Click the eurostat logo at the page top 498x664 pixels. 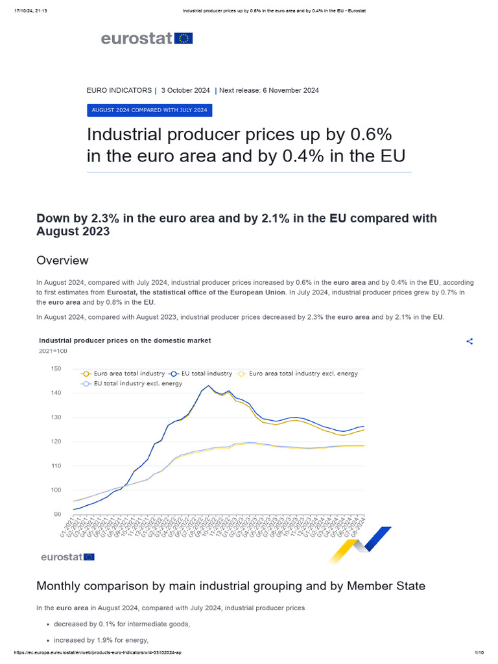tap(147, 39)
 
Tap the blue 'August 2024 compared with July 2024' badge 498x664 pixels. tap(149, 110)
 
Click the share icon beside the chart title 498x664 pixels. tap(469, 342)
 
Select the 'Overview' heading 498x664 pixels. tap(62, 261)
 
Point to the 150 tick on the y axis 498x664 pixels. tap(56, 369)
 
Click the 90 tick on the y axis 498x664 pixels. tap(57, 515)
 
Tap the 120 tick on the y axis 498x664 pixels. tap(56, 442)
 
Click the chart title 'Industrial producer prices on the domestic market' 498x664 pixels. tap(125, 340)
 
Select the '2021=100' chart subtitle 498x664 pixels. tap(53, 351)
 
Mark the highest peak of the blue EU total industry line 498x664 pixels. tap(208, 386)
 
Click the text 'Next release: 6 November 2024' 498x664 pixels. tap(269, 90)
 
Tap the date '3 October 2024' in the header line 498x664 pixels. tap(185, 90)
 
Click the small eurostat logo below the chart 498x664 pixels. tap(67, 557)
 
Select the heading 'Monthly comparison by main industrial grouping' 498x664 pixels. tap(231, 586)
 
